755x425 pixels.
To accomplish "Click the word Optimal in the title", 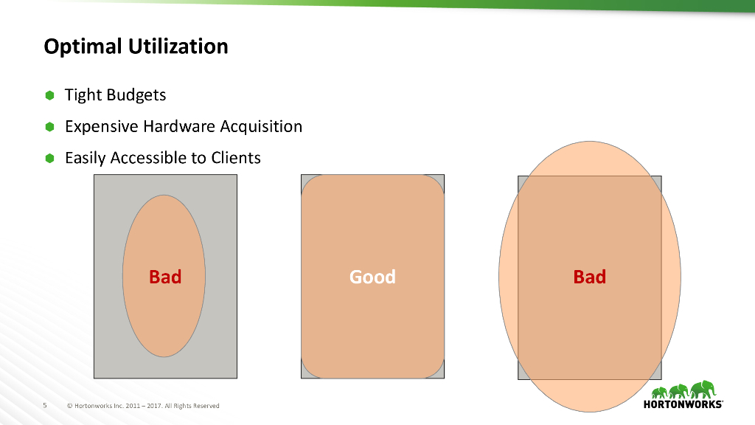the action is [x=83, y=46].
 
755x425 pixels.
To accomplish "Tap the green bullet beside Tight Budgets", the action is [x=49, y=95].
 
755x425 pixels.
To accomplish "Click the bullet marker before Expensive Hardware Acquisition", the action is [x=49, y=127].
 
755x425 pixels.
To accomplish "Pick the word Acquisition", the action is [x=261, y=127].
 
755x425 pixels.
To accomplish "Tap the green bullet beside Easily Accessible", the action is [x=49, y=158].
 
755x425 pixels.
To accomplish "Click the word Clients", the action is [x=236, y=158].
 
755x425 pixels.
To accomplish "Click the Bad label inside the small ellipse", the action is [x=165, y=277].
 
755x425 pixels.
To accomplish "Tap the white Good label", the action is [x=372, y=277].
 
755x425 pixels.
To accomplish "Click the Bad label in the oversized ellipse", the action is [x=589, y=277].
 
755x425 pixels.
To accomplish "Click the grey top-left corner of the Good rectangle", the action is [x=305, y=179].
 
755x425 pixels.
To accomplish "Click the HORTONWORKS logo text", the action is [x=683, y=404].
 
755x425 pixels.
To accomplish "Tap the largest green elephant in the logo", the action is [x=703, y=390].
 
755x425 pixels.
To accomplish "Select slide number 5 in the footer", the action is [x=45, y=406].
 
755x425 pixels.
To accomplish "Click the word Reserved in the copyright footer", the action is [x=206, y=406].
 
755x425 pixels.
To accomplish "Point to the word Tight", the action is [x=83, y=95].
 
